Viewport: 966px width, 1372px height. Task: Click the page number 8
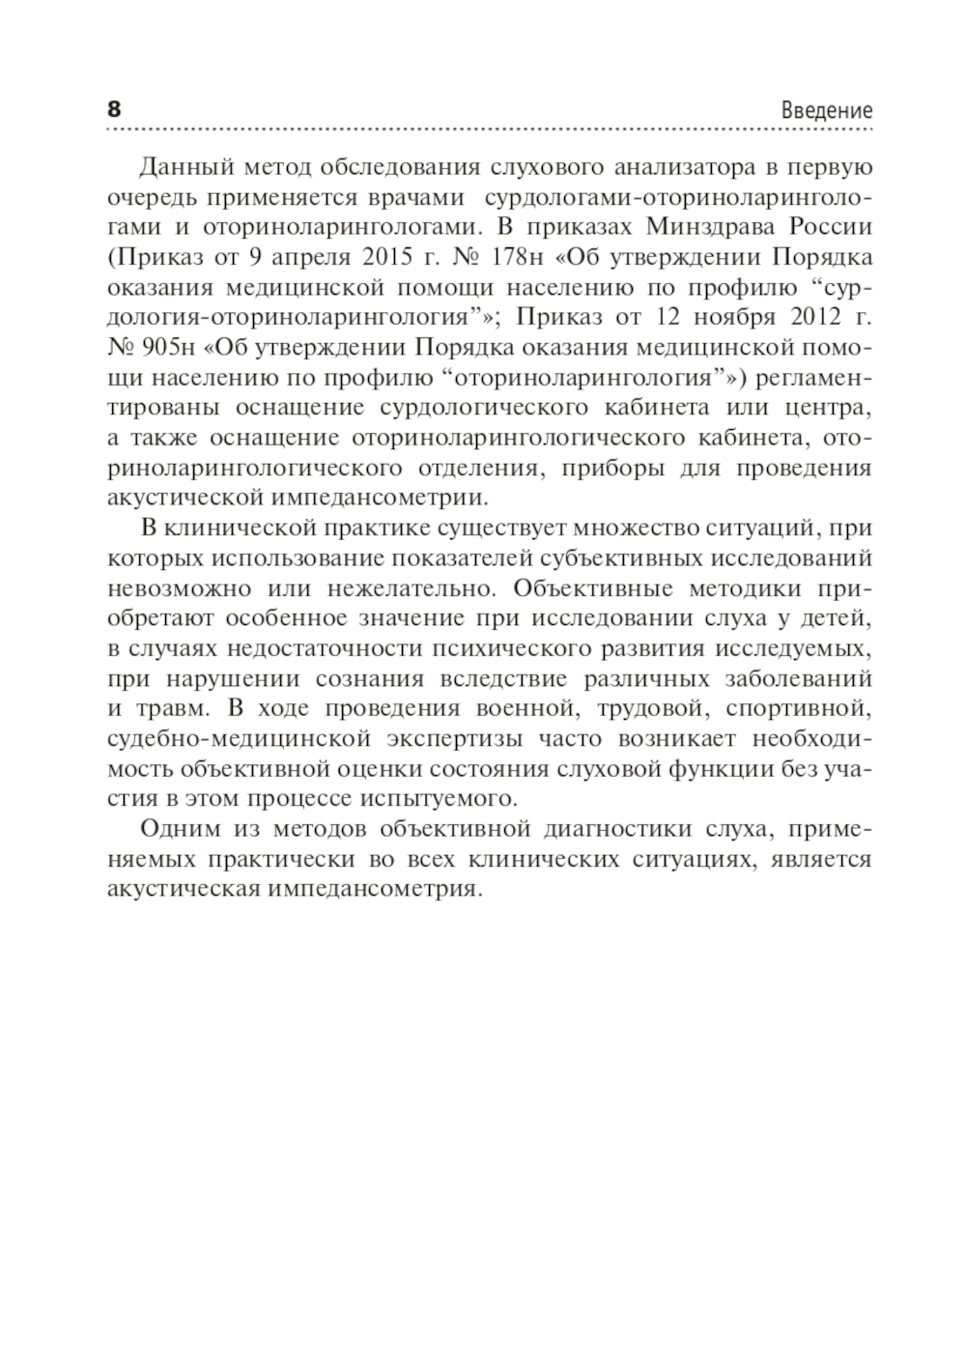point(113,108)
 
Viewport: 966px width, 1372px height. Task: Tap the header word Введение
point(826,111)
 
